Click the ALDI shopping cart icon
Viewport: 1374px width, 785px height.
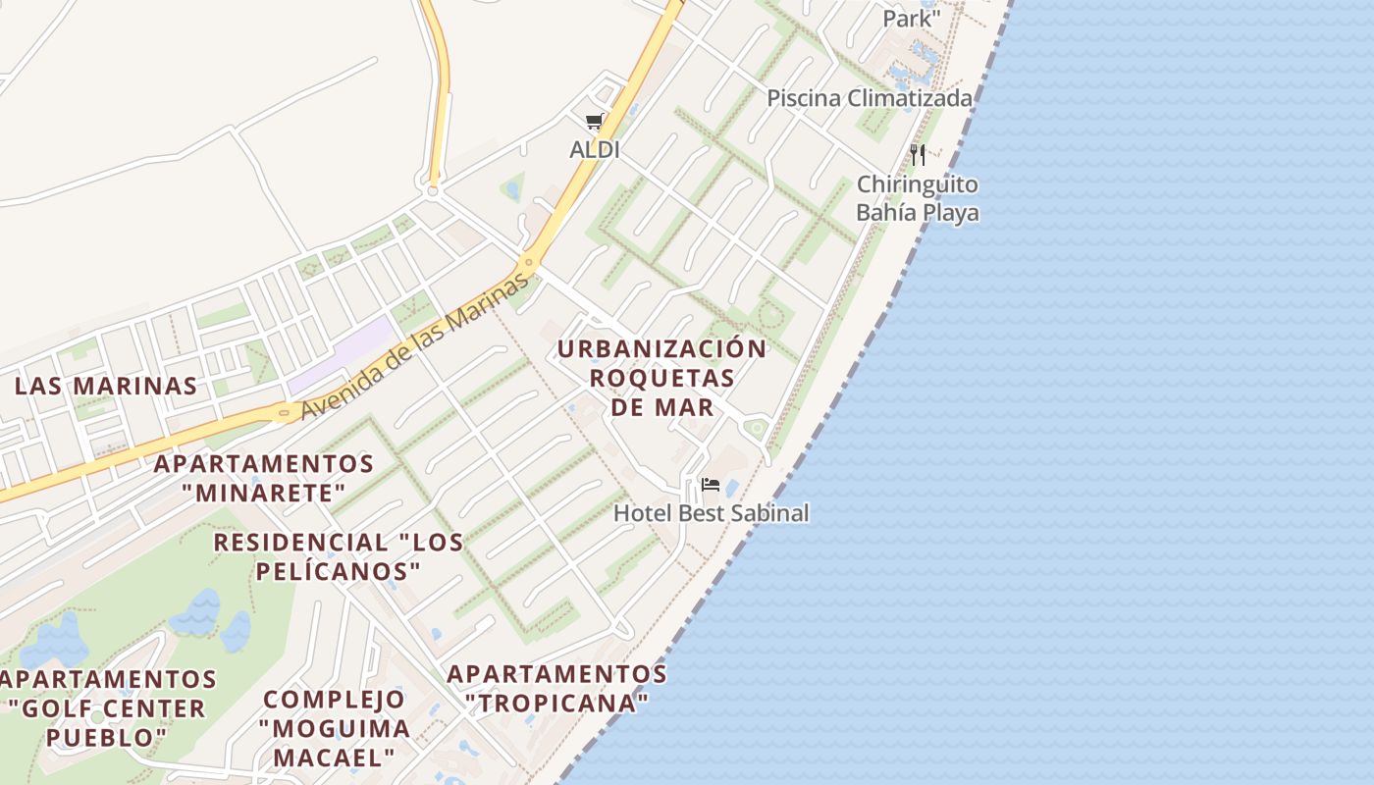(594, 122)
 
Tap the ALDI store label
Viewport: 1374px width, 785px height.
(595, 150)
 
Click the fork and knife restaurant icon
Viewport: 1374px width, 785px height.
(917, 154)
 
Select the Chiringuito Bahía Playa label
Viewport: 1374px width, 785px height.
(918, 198)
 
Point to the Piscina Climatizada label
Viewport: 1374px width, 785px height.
(870, 98)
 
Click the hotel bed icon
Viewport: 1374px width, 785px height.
(711, 485)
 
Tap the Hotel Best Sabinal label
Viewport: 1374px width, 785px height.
(712, 512)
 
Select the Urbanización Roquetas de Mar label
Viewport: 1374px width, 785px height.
(661, 378)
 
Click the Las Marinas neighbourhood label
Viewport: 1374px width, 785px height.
(106, 386)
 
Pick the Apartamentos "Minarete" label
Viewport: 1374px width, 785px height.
(264, 477)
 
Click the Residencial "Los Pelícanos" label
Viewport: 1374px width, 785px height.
(339, 556)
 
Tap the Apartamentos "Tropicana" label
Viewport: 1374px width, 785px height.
(557, 689)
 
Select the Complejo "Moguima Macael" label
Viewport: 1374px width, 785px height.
(335, 728)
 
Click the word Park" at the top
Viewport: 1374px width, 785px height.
(912, 19)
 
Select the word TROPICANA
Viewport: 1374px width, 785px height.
(557, 704)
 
